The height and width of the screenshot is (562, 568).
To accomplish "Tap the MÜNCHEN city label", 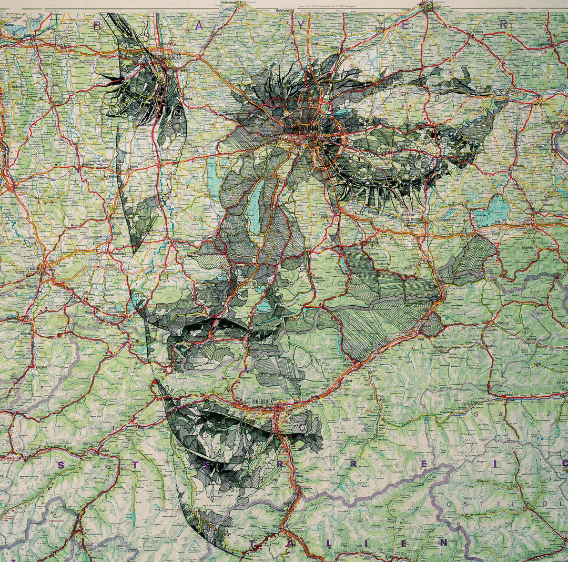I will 301,128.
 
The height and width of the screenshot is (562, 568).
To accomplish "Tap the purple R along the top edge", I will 503,24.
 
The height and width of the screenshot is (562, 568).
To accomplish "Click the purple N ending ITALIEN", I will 443,541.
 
